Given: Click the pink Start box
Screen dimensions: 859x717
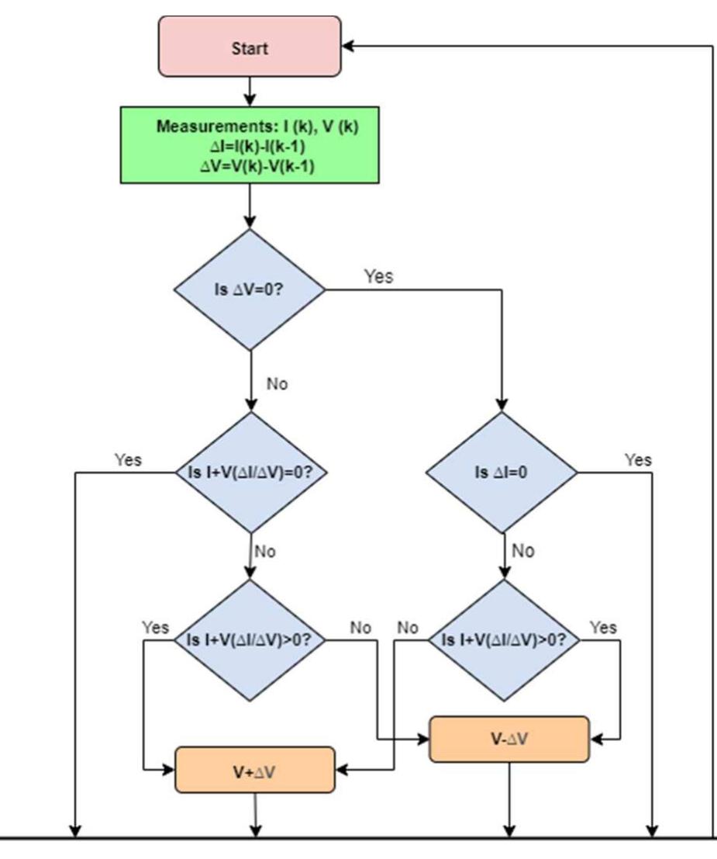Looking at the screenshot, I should pos(250,47).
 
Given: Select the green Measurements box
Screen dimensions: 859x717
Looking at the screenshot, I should pos(250,146).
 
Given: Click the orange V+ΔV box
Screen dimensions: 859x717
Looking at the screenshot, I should pos(255,770).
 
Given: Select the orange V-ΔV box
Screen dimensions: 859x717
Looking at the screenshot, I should pos(509,739).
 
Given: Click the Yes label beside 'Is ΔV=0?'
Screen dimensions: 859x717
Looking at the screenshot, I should pos(378,277).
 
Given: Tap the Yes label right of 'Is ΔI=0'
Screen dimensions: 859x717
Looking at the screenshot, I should pos(639,460).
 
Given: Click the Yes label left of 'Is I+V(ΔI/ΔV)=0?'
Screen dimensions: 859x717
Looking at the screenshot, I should pos(128,460).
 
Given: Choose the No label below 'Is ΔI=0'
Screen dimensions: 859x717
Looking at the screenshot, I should pos(524,552).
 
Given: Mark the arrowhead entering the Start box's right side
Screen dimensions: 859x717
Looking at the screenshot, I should pos(347,47).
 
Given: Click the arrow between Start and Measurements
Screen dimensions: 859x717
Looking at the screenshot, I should pos(250,92).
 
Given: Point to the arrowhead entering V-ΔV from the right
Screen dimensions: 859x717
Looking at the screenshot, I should pos(596,739).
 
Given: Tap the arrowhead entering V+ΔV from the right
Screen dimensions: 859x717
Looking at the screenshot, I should pos(341,770).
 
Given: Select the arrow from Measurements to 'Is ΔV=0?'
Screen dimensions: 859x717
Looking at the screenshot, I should pos(250,206).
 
